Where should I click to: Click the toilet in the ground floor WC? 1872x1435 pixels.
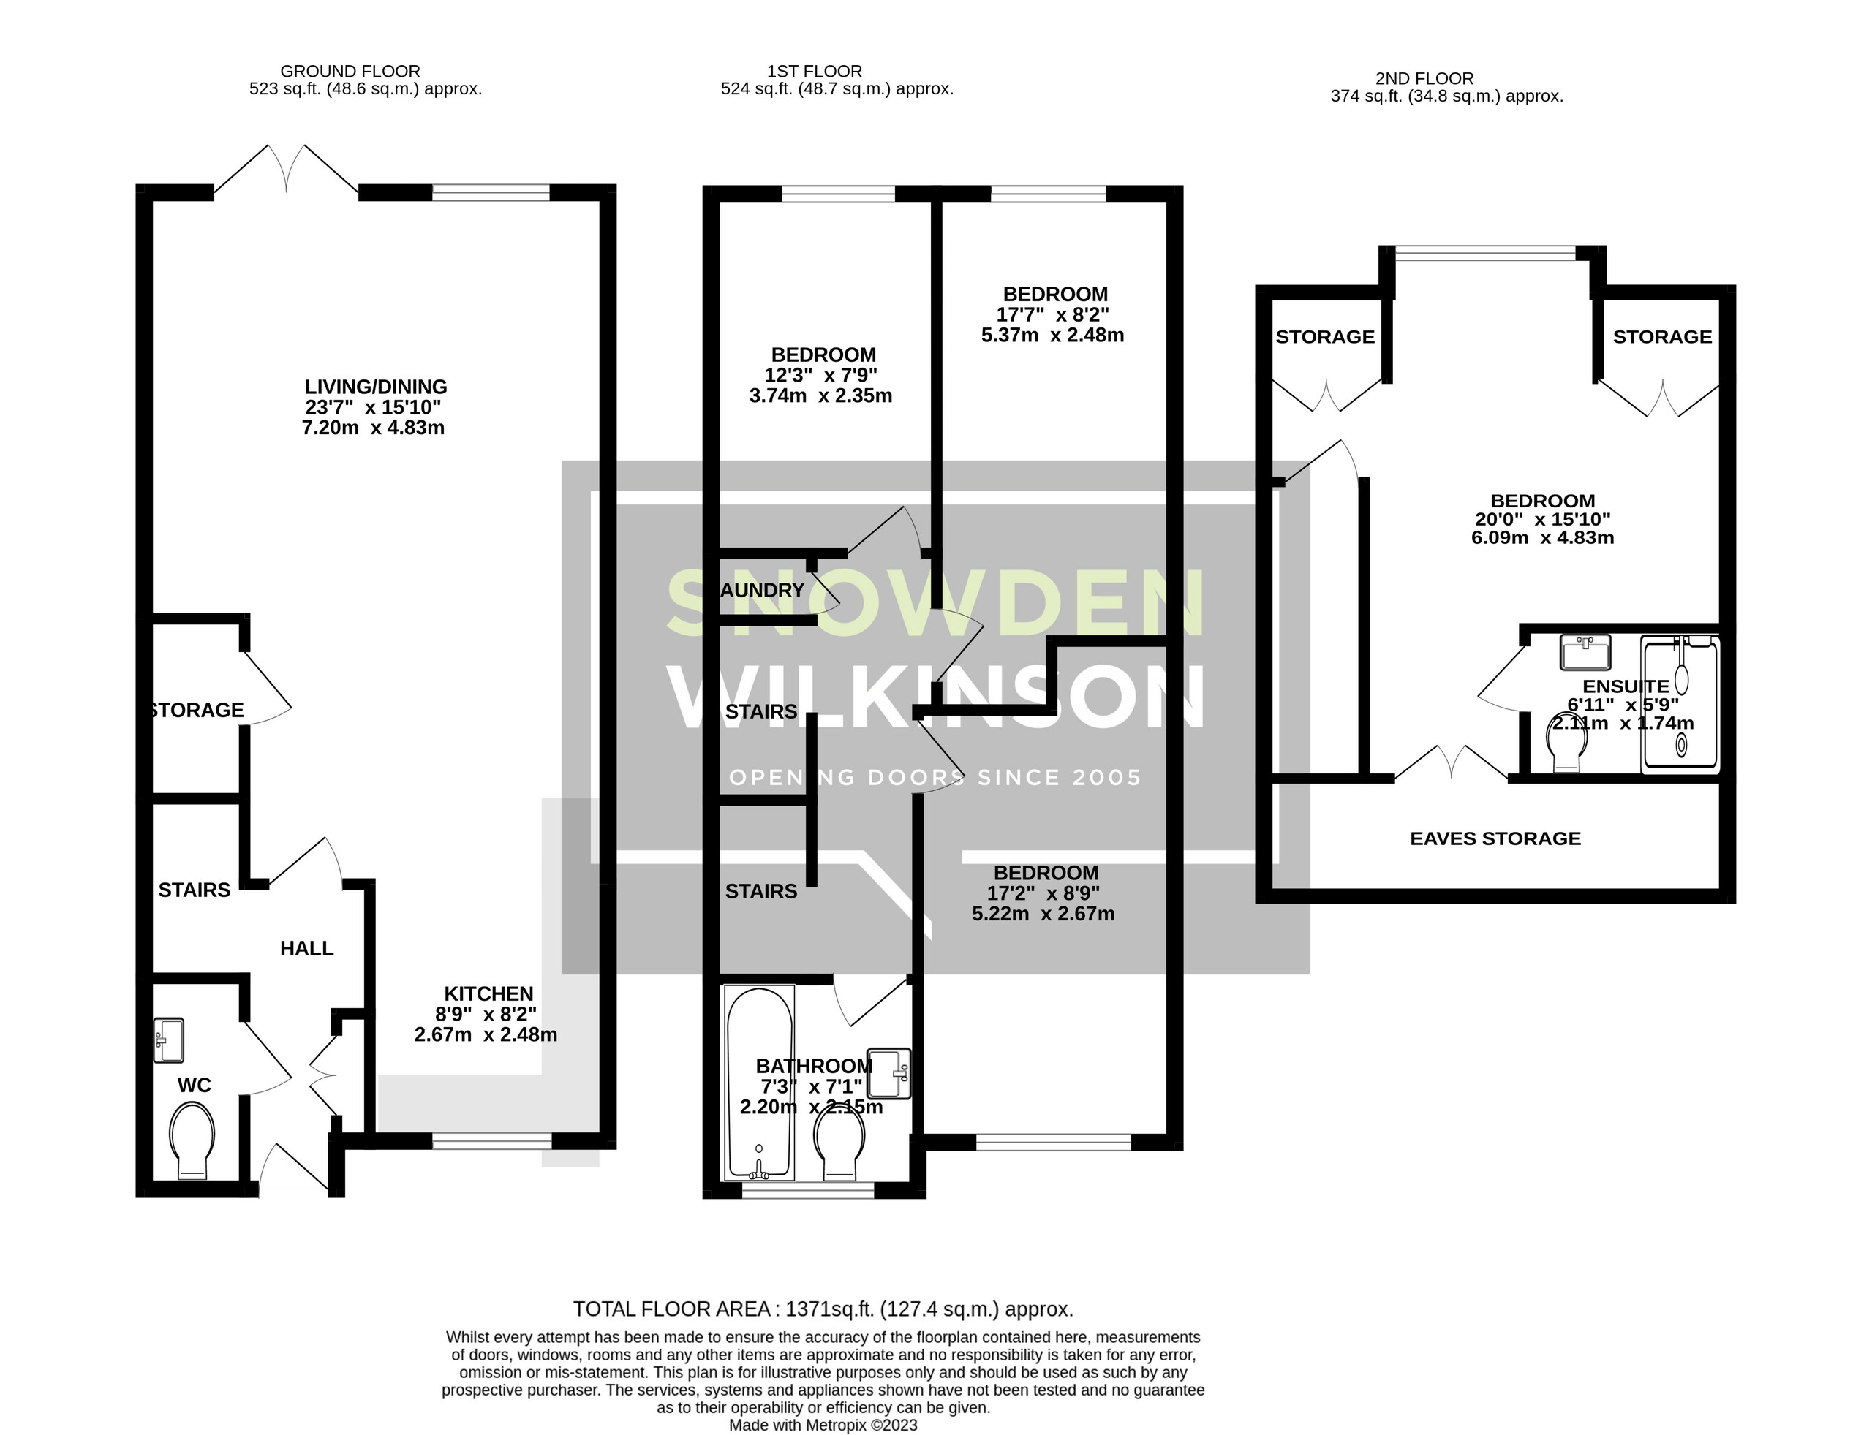click(192, 1140)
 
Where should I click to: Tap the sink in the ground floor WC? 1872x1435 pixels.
click(168, 1040)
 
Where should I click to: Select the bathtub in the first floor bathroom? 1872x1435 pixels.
click(759, 1083)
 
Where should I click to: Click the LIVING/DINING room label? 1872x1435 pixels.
click(375, 387)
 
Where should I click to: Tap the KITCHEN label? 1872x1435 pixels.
click(488, 993)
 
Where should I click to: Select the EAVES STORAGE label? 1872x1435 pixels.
click(1495, 838)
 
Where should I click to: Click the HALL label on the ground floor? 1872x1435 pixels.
click(306, 948)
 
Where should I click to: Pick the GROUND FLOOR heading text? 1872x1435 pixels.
click(350, 72)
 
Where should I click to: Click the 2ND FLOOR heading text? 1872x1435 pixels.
click(1424, 78)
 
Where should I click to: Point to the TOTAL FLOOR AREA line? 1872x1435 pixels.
click(822, 1309)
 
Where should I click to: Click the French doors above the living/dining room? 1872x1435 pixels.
click(285, 171)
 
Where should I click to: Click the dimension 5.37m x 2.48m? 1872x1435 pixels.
click(1052, 336)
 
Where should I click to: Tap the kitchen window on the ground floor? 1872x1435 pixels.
click(491, 1140)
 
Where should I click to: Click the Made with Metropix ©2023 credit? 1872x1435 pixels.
click(822, 1425)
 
